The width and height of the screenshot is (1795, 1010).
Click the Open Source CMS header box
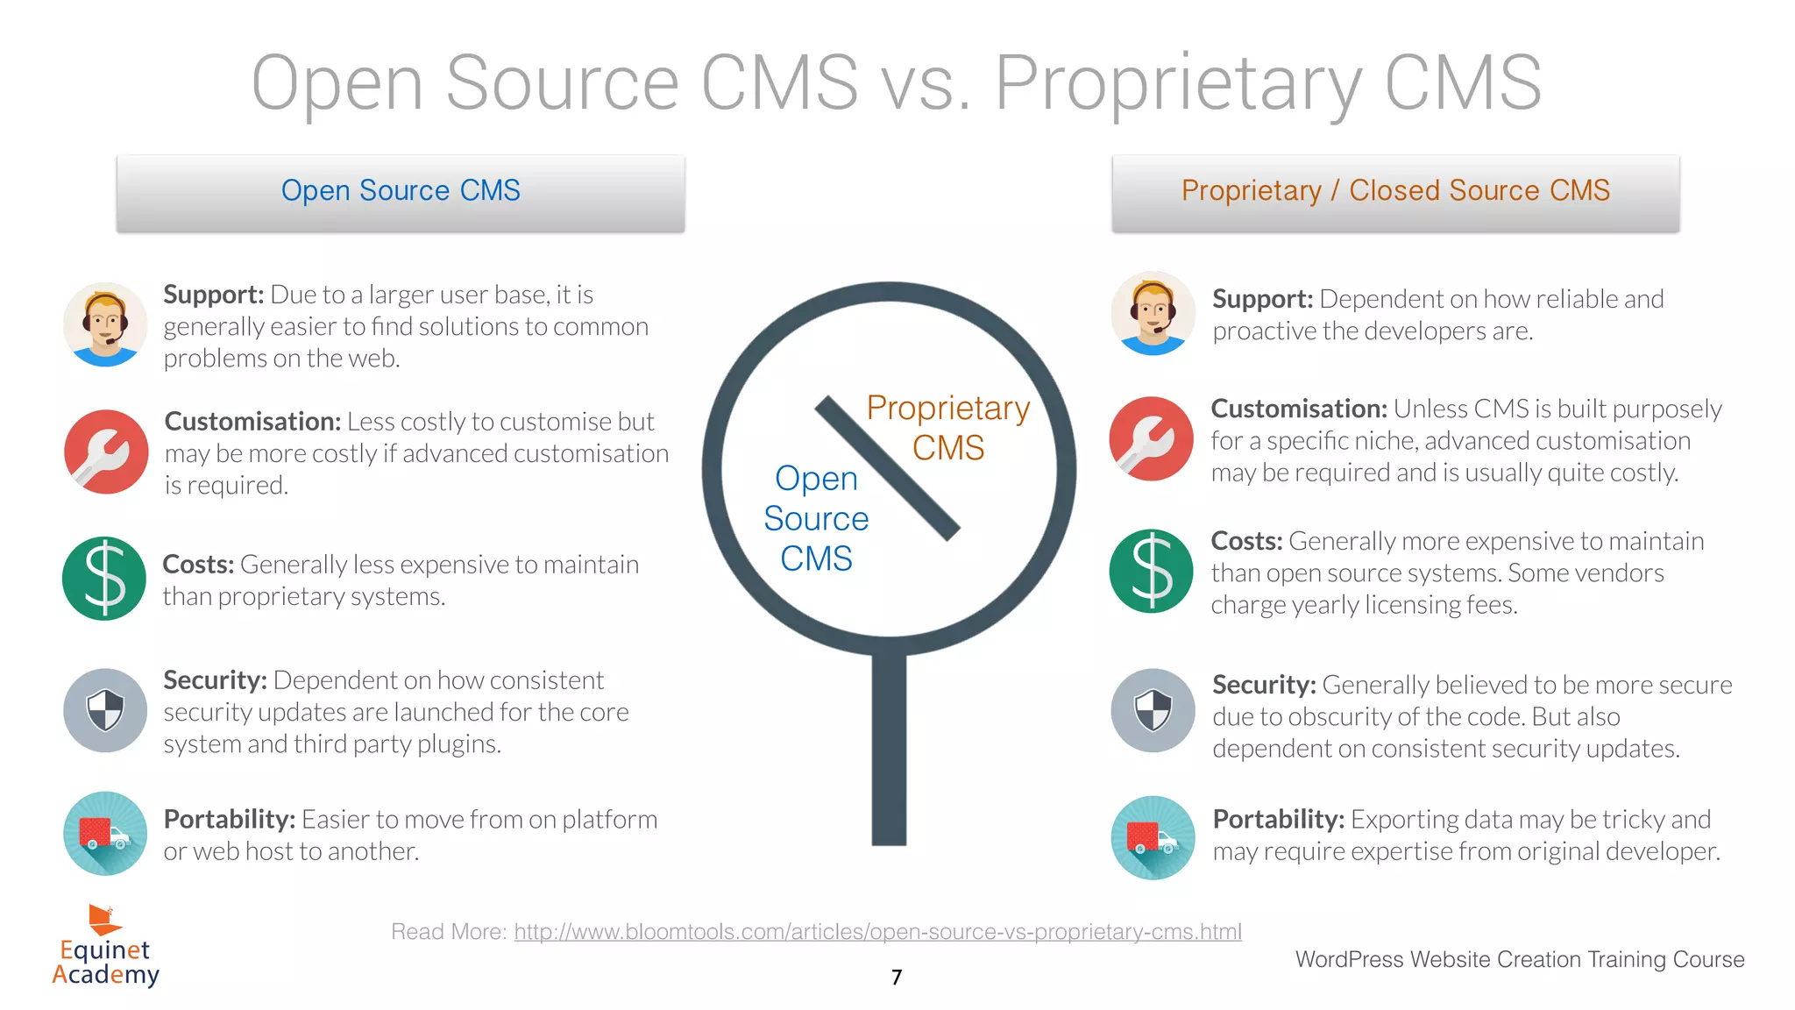coord(401,193)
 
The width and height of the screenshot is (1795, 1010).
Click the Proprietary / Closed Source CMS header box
coord(1395,193)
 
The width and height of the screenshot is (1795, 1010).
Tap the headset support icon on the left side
coord(105,324)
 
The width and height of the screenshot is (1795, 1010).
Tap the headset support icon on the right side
coord(1153,313)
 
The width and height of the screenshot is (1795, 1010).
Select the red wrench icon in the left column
coord(106,452)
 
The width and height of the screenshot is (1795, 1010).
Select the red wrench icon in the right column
coord(1151,438)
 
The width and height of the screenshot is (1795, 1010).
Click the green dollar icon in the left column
coord(104,579)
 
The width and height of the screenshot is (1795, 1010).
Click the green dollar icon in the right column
coord(1151,571)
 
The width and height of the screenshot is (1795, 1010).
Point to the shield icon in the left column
coord(105,710)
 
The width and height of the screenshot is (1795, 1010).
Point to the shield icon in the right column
coord(1153,710)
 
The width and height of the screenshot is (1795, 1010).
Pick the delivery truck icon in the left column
coord(105,833)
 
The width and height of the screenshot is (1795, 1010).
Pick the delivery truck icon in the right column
coord(1153,837)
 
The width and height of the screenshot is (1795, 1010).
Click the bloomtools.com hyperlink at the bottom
coord(877,931)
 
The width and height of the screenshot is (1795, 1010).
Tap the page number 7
coord(896,977)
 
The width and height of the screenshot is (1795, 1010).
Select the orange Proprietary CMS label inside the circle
coord(948,428)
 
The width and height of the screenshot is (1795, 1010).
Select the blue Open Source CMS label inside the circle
coord(816,518)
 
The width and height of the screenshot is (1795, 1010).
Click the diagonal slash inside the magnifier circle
coord(887,468)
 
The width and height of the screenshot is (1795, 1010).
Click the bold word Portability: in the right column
coord(1278,819)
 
